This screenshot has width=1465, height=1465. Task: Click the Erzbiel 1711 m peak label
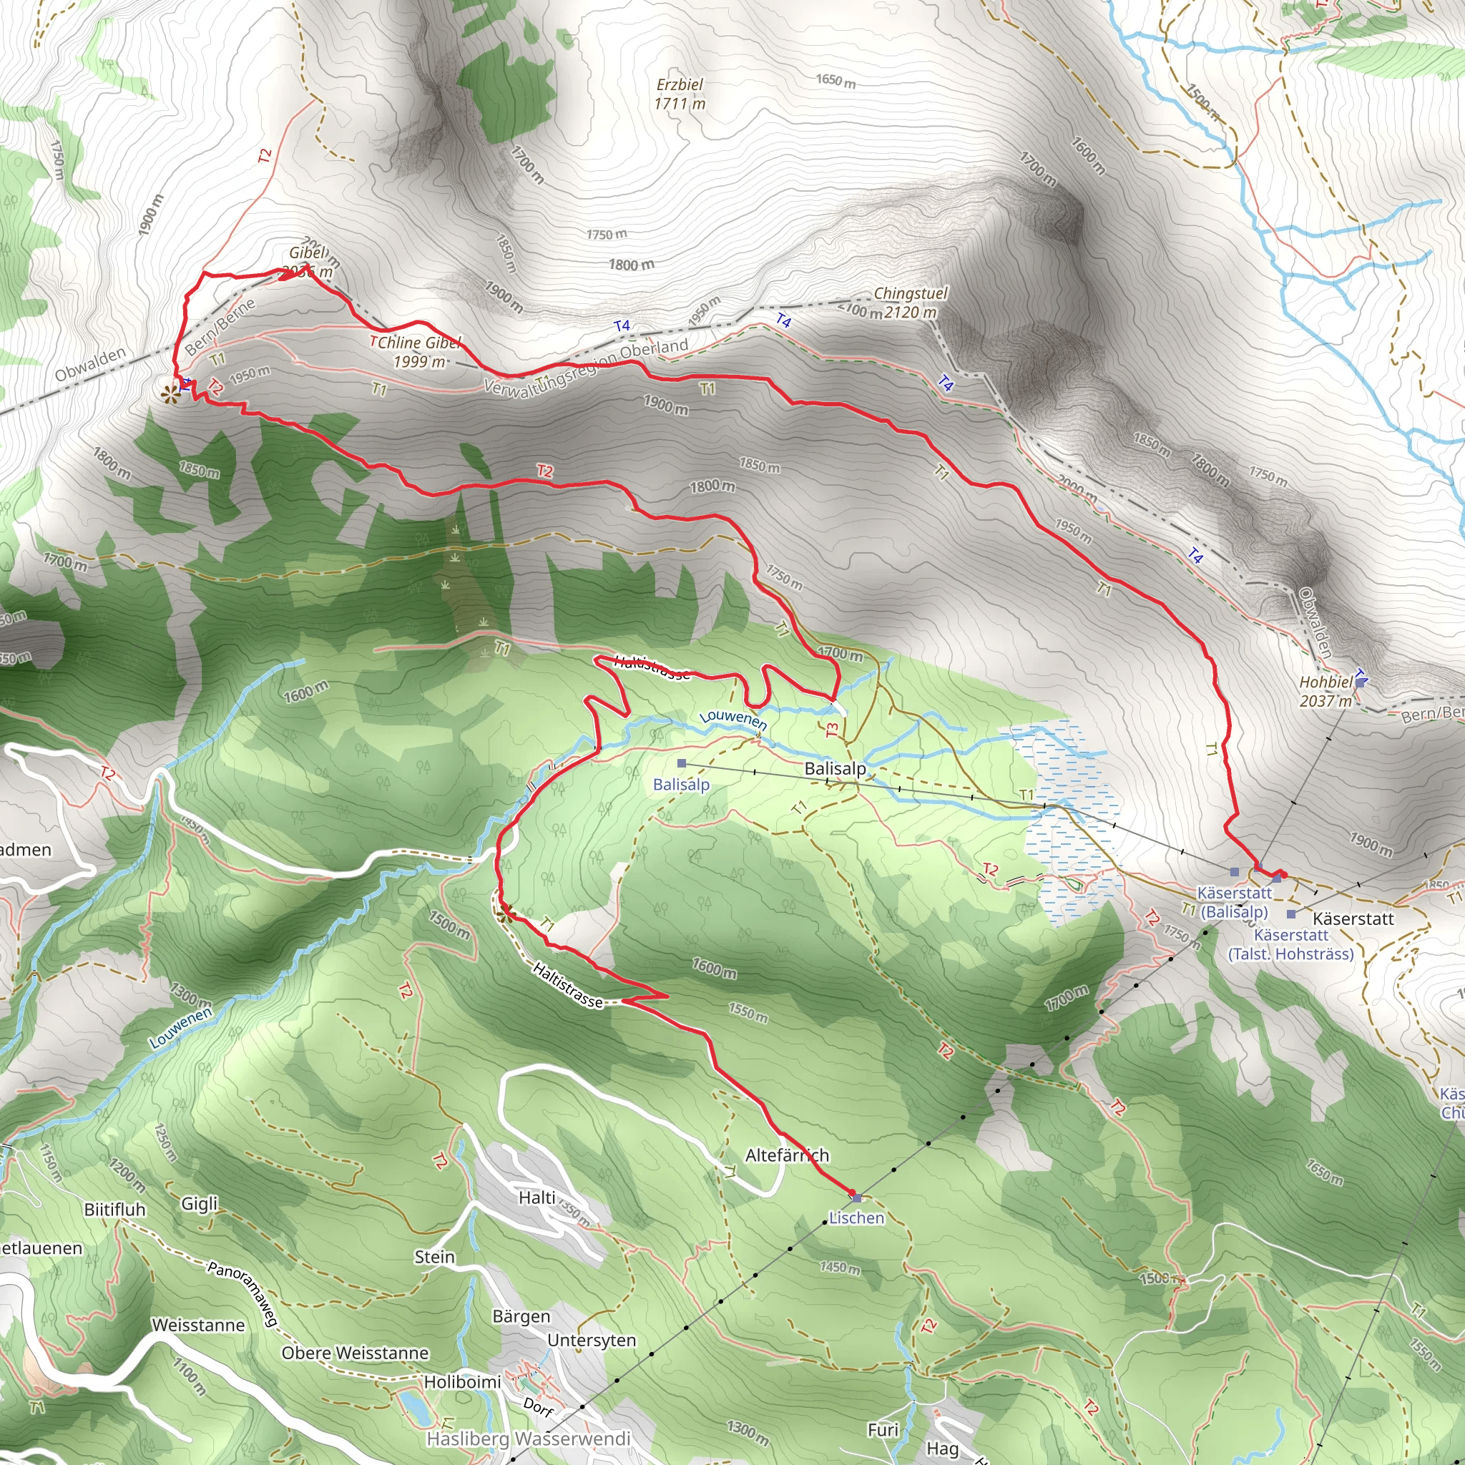point(680,94)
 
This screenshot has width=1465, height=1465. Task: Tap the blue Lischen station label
point(856,1217)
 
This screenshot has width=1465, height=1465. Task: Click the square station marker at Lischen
point(857,1198)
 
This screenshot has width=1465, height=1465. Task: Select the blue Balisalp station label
point(681,784)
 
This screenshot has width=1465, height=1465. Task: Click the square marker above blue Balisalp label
point(682,763)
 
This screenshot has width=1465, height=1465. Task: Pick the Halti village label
point(537,1197)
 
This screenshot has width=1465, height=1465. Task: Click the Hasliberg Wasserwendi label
point(529,1439)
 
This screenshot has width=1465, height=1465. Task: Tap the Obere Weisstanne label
point(355,1353)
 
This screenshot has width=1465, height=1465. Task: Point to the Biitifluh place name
point(114,1210)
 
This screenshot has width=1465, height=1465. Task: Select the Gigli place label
point(200,1203)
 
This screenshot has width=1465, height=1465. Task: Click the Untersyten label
point(592,1340)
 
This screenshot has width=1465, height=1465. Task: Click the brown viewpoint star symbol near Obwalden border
point(172,393)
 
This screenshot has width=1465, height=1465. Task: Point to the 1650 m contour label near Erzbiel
point(836,80)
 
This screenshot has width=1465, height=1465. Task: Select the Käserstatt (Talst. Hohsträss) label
point(1290,945)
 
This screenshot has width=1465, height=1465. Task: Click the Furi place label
point(883,1430)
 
